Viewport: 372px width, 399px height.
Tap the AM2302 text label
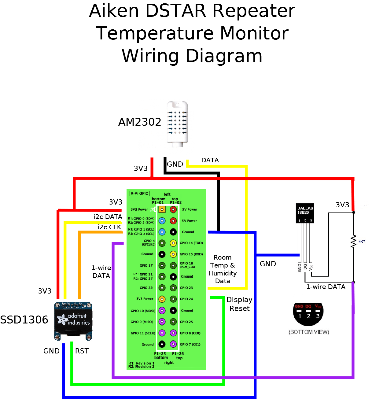(x=140, y=122)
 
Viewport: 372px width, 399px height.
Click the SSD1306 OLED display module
(x=73, y=321)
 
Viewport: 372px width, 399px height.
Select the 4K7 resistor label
(x=362, y=242)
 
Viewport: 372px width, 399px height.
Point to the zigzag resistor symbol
(x=354, y=241)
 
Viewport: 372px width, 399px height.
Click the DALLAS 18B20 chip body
(x=305, y=213)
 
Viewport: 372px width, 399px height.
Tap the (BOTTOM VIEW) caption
(x=309, y=332)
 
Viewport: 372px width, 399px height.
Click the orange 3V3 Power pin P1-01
(x=162, y=209)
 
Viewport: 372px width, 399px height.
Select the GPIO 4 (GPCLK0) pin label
(x=149, y=243)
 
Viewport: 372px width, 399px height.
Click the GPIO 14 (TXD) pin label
(x=191, y=243)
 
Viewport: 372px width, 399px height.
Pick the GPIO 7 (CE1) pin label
(x=190, y=344)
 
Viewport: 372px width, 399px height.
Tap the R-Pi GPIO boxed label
(x=139, y=193)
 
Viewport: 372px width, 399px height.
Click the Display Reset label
(x=239, y=304)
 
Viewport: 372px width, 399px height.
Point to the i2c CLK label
(x=109, y=227)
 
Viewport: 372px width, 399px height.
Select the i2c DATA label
(x=108, y=217)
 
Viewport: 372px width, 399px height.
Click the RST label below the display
(x=82, y=351)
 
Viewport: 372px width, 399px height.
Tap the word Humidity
(x=223, y=273)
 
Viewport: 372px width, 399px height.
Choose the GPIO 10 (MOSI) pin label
(x=143, y=311)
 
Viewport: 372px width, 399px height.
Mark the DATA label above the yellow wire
(x=210, y=160)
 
